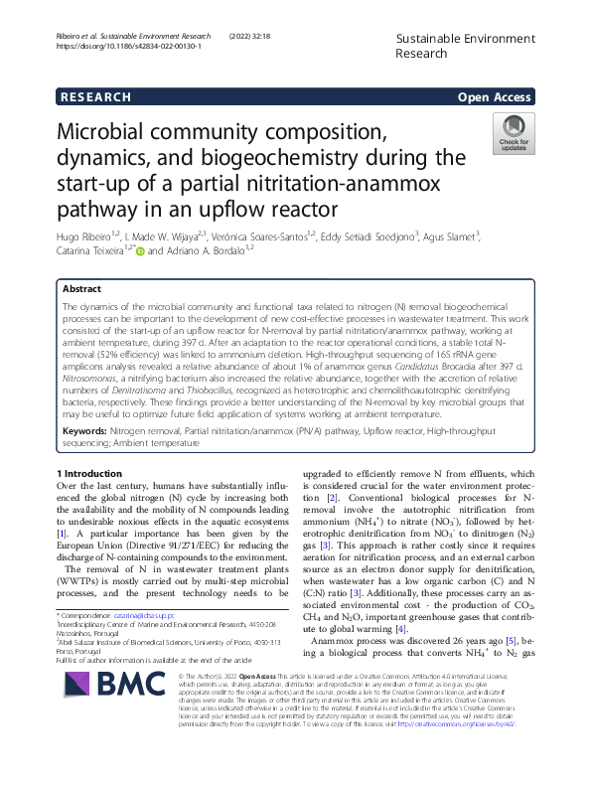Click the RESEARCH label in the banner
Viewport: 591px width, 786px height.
coord(96,97)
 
